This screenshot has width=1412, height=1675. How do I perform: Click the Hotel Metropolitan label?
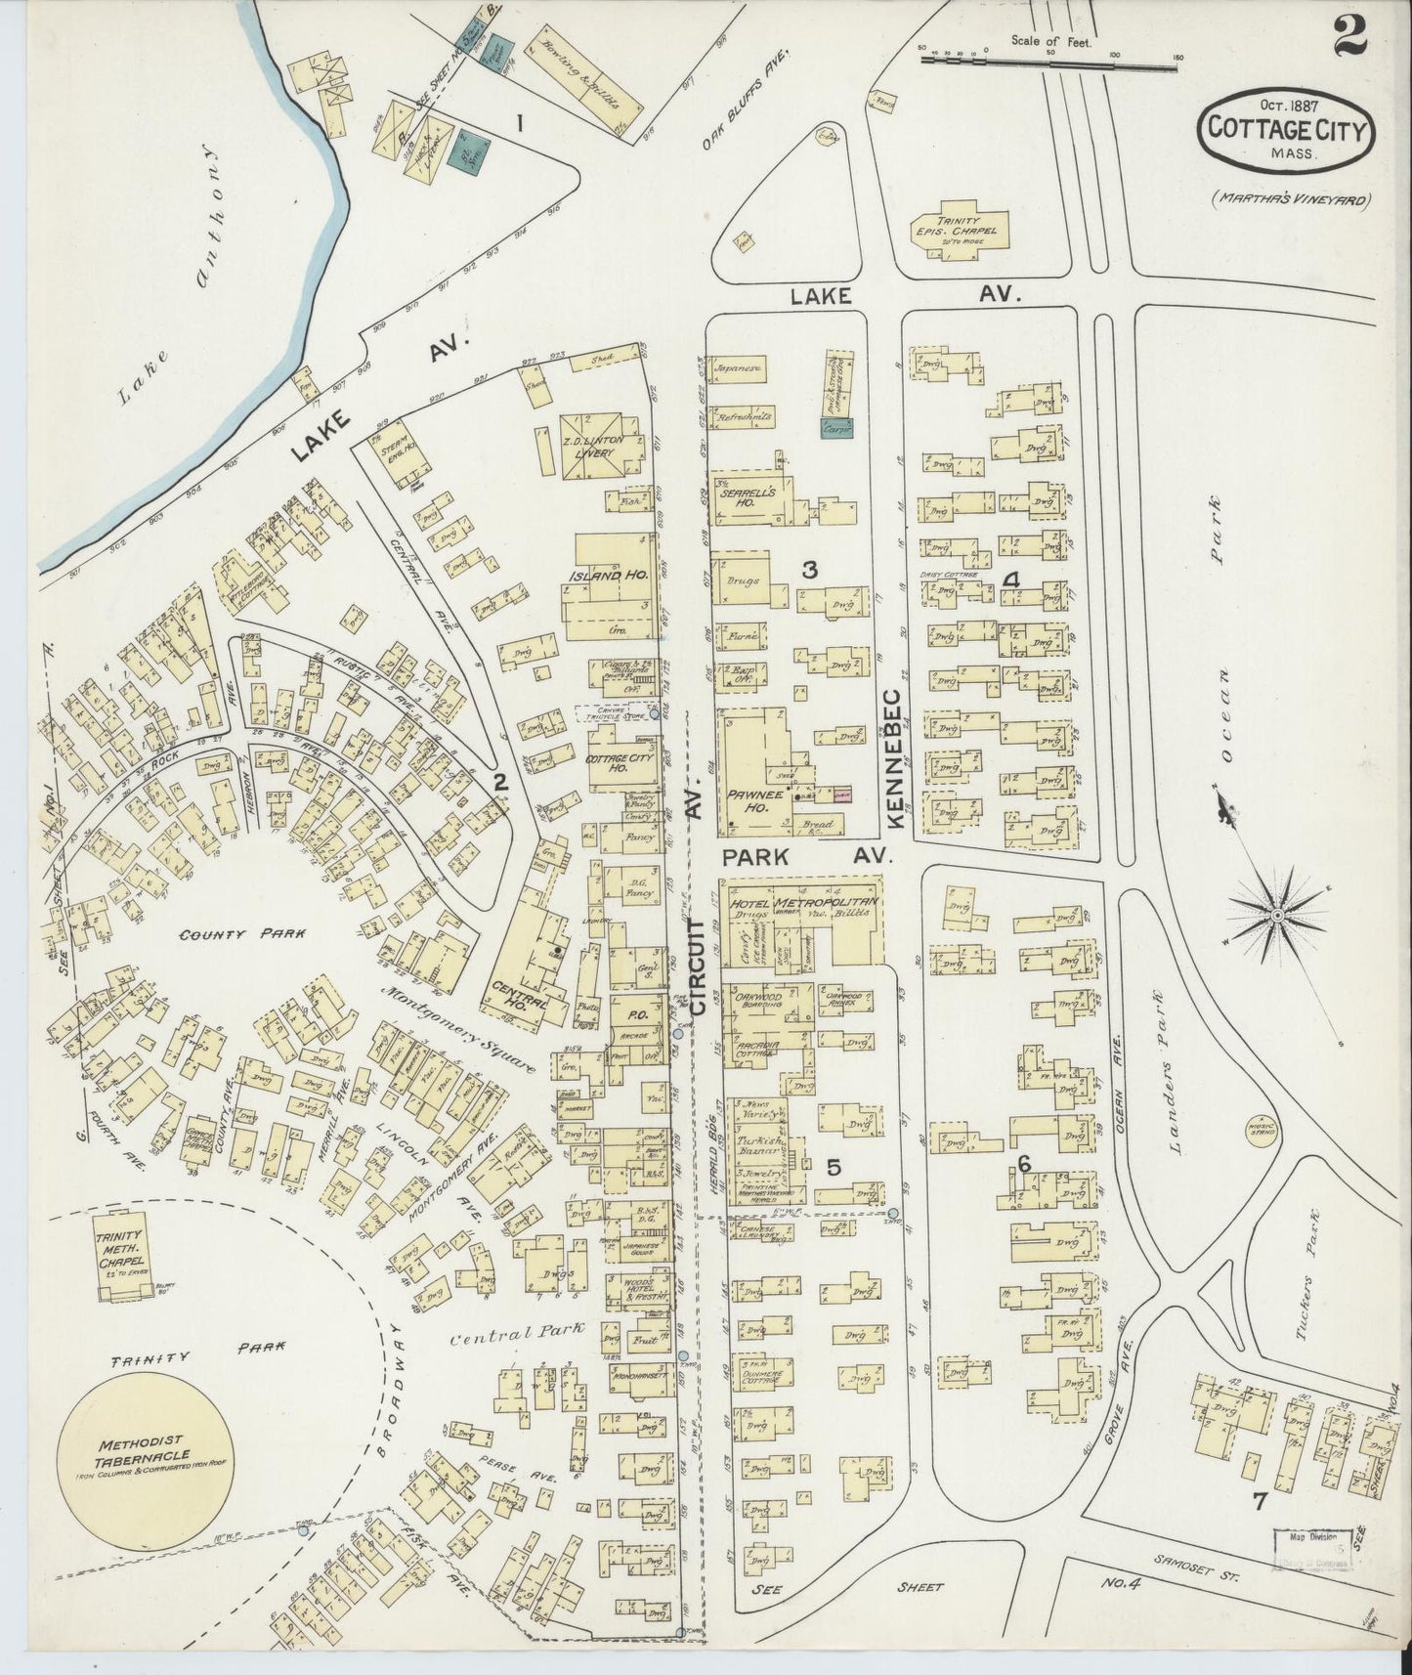pyautogui.click(x=803, y=903)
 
